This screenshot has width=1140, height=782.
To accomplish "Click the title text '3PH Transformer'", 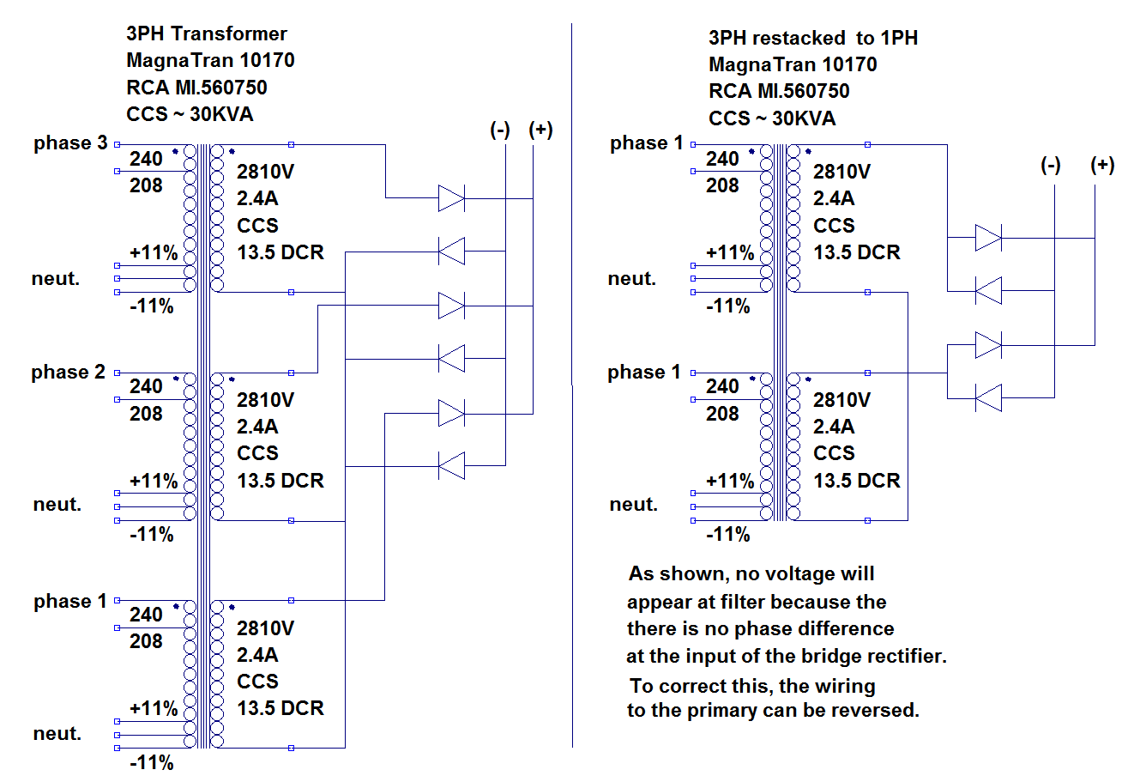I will click(x=206, y=33).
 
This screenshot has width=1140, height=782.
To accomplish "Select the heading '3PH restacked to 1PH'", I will click(x=812, y=38).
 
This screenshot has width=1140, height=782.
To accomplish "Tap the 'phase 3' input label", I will click(x=70, y=143).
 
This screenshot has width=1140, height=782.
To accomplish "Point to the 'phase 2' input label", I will click(x=68, y=373).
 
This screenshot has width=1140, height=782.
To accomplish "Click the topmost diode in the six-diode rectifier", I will click(x=451, y=198).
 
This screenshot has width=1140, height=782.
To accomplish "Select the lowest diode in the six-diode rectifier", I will click(x=451, y=466).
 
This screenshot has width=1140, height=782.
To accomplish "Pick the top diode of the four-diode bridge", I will click(x=988, y=238).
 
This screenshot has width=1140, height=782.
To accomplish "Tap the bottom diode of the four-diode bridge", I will click(x=988, y=398).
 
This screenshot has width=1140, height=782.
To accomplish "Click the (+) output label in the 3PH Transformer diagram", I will click(x=540, y=130).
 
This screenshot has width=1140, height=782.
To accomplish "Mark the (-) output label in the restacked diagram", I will click(x=1051, y=165).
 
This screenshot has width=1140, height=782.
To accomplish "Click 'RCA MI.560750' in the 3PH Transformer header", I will click(x=196, y=88).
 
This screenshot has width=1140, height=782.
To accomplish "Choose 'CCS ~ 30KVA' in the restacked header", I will click(x=772, y=118).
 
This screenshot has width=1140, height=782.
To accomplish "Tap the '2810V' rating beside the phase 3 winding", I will click(x=266, y=172).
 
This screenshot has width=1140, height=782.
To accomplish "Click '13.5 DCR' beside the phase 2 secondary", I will click(x=280, y=481).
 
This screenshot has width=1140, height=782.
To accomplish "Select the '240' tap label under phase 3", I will click(x=146, y=159).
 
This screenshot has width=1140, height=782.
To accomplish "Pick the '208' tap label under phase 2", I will click(x=146, y=414).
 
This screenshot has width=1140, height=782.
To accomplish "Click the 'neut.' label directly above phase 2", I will click(x=56, y=279).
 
